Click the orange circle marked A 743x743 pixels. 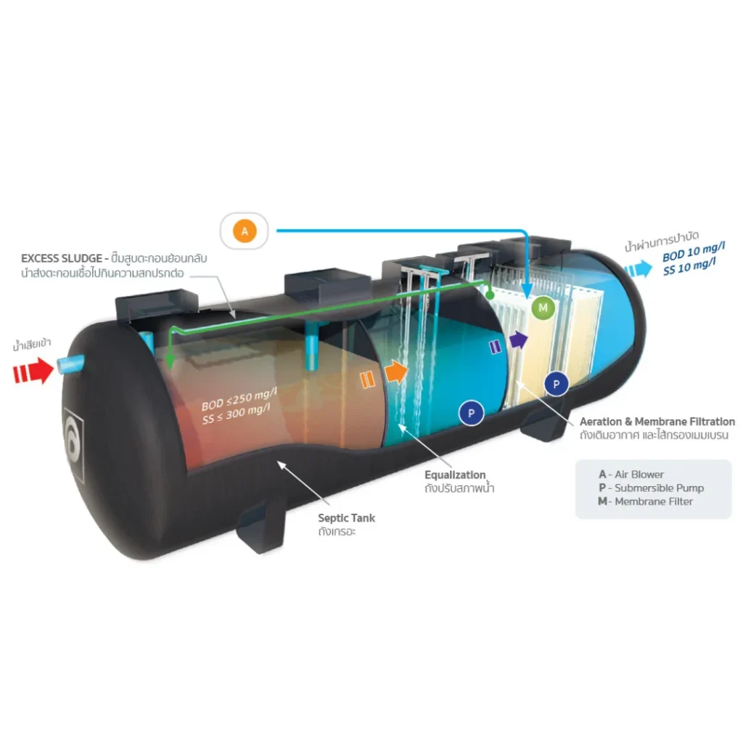[x=245, y=231]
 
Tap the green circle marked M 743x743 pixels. [x=543, y=308]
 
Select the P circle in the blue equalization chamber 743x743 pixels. [x=471, y=413]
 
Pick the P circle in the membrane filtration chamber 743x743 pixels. [x=557, y=385]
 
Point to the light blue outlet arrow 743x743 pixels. [x=639, y=268]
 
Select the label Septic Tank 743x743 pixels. [x=346, y=518]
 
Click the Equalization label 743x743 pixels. [x=455, y=475]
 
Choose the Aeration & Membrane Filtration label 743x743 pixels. [x=657, y=422]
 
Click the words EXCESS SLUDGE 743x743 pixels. [x=62, y=258]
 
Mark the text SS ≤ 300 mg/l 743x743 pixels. [x=237, y=414]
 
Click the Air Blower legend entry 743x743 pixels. [x=631, y=475]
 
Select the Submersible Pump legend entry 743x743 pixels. [x=651, y=488]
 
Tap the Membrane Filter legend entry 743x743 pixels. [x=645, y=501]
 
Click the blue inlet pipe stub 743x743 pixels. [x=71, y=364]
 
